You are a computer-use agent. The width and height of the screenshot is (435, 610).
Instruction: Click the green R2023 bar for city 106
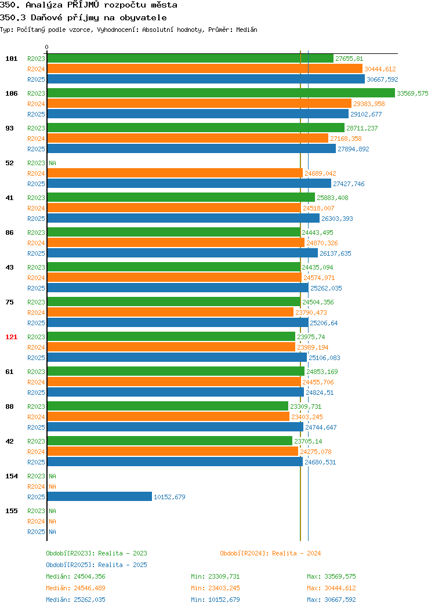click(221, 93)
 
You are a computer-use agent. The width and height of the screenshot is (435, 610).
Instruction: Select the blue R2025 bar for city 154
click(100, 497)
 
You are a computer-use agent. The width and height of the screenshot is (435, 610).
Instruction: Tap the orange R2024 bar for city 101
click(205, 69)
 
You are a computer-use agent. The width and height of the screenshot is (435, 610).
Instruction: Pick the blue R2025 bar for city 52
click(189, 184)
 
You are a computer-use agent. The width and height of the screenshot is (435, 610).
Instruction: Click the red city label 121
click(11, 337)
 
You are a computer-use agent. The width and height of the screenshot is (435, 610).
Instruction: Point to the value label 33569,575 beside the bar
click(412, 93)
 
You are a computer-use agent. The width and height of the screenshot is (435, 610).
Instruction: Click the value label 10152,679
click(169, 497)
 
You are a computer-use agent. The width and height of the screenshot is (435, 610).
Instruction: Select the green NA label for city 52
click(53, 163)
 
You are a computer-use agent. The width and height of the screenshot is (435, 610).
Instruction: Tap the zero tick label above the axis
click(47, 47)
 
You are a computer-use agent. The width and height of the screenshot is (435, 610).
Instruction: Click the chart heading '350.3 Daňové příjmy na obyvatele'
click(84, 17)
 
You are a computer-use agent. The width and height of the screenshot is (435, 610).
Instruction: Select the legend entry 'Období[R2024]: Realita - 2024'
click(270, 553)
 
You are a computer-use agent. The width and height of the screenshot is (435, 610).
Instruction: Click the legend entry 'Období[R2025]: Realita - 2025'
click(96, 565)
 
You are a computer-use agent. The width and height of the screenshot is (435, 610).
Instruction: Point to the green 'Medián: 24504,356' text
click(75, 576)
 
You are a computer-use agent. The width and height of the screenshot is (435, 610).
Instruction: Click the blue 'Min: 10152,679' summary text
click(215, 600)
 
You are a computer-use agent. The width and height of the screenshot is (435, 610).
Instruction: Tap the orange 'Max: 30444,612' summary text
click(331, 588)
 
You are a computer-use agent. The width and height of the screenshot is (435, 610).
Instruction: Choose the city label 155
click(11, 511)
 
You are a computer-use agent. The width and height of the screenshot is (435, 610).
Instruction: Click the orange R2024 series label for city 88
click(36, 417)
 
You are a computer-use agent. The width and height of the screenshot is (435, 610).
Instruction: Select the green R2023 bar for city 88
click(168, 406)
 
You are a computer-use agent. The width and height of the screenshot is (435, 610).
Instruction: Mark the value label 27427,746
click(349, 184)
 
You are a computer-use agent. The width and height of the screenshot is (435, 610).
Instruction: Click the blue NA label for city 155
click(53, 532)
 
